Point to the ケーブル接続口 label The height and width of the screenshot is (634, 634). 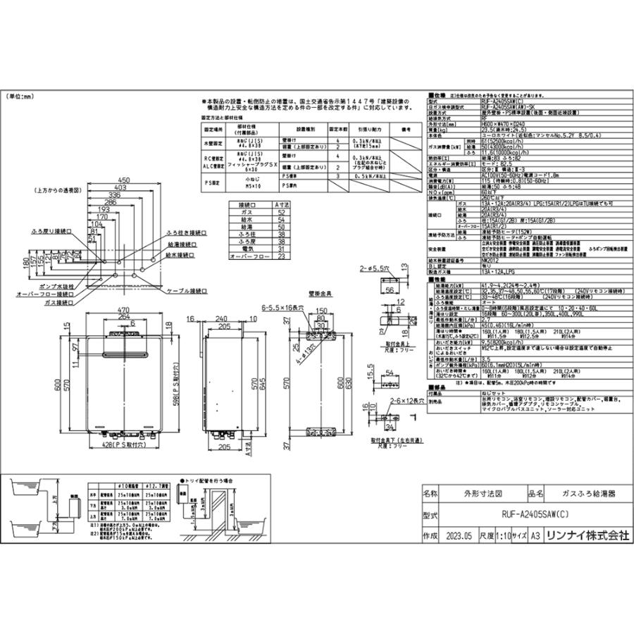click(188, 290)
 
